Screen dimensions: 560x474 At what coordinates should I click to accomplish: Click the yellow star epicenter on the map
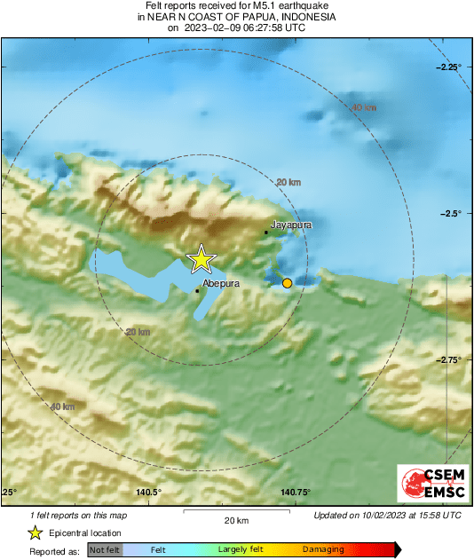point(201,258)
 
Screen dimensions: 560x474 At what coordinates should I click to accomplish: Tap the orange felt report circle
point(287,283)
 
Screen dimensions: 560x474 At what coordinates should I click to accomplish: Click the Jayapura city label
point(291,225)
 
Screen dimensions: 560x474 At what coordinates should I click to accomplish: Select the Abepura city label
point(221,284)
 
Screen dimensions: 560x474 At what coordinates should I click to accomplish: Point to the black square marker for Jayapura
point(265,233)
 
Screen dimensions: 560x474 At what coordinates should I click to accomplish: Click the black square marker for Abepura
point(197,290)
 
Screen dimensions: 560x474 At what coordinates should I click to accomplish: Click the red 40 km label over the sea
point(364,108)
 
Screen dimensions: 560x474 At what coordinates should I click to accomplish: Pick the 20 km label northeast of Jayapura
point(288,182)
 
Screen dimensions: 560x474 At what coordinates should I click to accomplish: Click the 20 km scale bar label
point(236,520)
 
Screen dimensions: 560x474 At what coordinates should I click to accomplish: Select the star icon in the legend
point(36,532)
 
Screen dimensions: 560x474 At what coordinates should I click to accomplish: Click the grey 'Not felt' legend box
point(105,550)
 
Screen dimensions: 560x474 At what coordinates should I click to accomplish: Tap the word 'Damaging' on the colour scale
point(322,550)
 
